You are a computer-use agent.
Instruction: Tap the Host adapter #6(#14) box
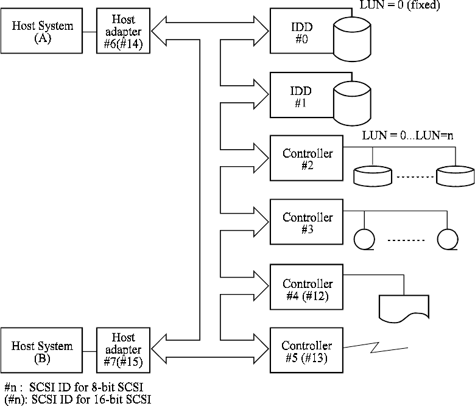point(123,30)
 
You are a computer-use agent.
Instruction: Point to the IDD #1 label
point(301,97)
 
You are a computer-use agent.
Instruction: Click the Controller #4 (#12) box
point(307,289)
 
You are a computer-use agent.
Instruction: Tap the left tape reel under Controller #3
point(364,239)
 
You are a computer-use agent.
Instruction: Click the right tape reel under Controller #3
point(448,240)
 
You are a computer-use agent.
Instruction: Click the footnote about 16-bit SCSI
point(77,399)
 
